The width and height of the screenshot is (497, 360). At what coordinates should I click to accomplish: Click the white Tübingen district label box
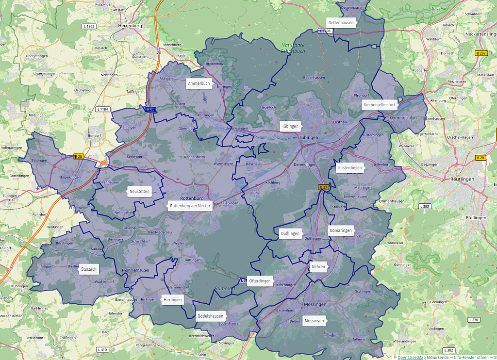pos(290,126)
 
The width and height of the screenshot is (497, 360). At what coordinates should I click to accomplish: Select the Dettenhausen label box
pos(341,22)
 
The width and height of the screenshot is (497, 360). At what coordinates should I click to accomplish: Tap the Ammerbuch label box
pos(199,83)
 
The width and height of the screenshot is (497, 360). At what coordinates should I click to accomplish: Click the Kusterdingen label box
pos(349,168)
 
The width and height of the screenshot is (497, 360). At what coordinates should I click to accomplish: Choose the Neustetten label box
pos(140,192)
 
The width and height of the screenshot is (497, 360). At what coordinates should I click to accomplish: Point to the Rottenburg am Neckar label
pos(190,206)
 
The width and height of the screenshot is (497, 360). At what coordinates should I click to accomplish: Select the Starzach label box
pos(89,269)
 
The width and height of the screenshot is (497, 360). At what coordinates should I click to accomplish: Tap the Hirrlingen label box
pos(172,300)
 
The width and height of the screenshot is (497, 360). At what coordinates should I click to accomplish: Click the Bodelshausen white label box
pos(210,316)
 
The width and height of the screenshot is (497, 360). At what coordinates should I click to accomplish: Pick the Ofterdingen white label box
pos(260,281)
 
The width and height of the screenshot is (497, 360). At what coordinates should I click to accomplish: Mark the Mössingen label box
pos(314,321)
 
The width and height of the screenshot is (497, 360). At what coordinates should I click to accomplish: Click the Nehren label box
pos(318,267)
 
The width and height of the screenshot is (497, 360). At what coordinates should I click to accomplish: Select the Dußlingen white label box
pos(290,233)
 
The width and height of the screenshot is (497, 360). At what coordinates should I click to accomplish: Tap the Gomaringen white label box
pos(341,230)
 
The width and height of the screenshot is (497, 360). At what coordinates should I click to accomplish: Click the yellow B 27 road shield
pos(324,187)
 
